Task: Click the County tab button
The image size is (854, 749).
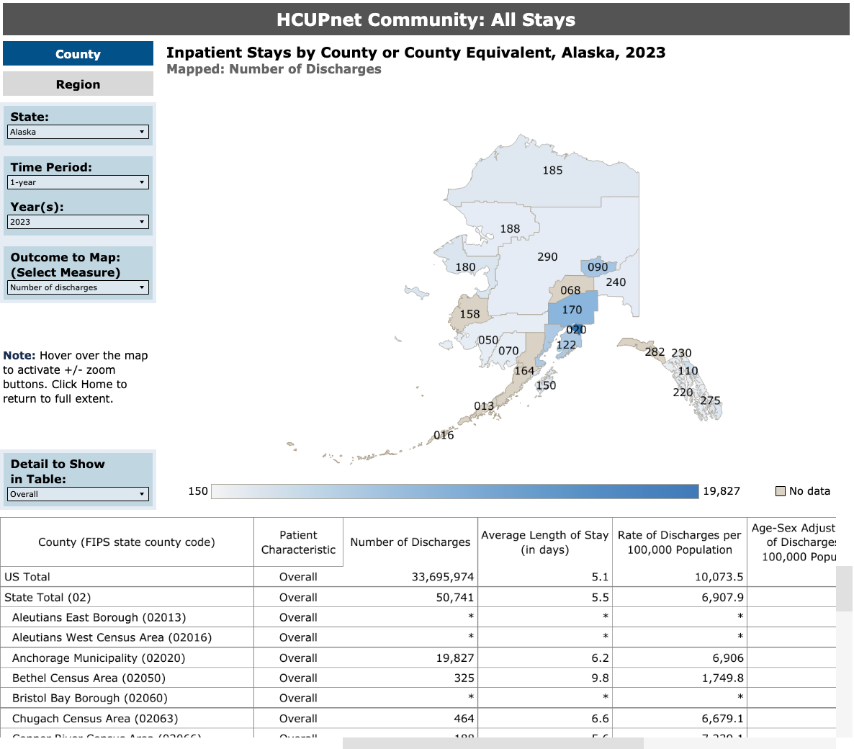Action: (78, 54)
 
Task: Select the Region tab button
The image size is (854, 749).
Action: (78, 84)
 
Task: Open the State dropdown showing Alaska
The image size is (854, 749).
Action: (78, 132)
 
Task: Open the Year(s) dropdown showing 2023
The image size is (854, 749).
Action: (78, 222)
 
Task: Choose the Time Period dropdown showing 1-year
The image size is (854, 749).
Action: (78, 182)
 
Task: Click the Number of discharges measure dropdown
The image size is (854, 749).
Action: (78, 287)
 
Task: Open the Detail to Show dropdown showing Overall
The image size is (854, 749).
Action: (78, 494)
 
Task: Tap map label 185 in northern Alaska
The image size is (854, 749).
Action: (552, 171)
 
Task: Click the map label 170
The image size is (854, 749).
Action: (572, 310)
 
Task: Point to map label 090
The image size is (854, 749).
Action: (598, 267)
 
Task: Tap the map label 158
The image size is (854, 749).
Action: (469, 314)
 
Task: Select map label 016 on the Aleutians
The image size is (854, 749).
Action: (444, 435)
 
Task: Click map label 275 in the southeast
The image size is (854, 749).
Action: (710, 400)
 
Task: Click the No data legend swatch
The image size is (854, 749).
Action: (780, 491)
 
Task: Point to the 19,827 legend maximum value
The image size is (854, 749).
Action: (721, 491)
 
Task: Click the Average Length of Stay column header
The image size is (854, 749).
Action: (544, 542)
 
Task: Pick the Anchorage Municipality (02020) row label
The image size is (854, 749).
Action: (99, 658)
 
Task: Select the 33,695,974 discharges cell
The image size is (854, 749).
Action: (442, 577)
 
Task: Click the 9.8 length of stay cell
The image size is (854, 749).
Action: (600, 678)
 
